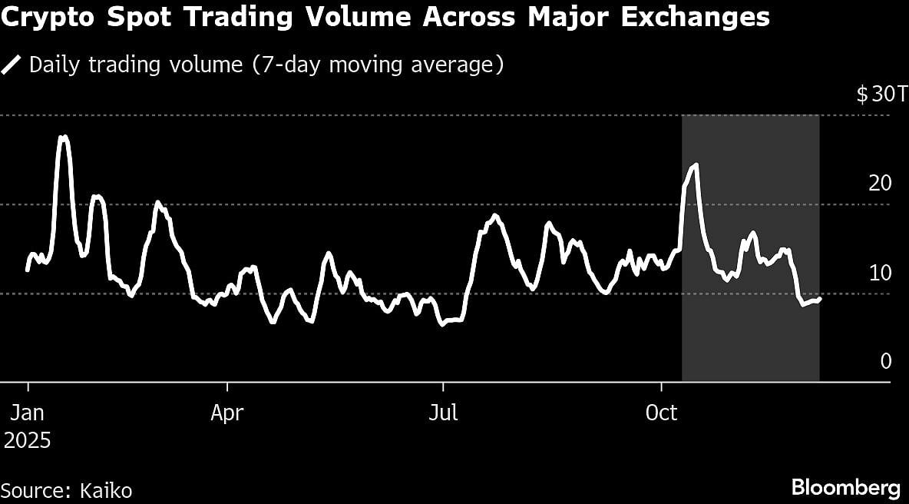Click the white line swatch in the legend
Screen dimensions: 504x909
point(12,65)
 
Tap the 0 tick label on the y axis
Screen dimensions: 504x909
point(886,361)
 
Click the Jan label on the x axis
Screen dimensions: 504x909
point(28,413)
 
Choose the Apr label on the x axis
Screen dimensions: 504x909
point(226,413)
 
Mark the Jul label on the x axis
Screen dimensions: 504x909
point(443,413)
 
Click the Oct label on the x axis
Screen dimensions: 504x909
point(661,413)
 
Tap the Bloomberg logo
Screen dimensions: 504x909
point(845,488)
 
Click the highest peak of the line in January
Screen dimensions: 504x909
point(64,137)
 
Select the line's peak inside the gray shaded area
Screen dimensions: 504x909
point(696,164)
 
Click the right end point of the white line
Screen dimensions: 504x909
point(820,298)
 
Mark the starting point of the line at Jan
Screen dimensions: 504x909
point(28,270)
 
